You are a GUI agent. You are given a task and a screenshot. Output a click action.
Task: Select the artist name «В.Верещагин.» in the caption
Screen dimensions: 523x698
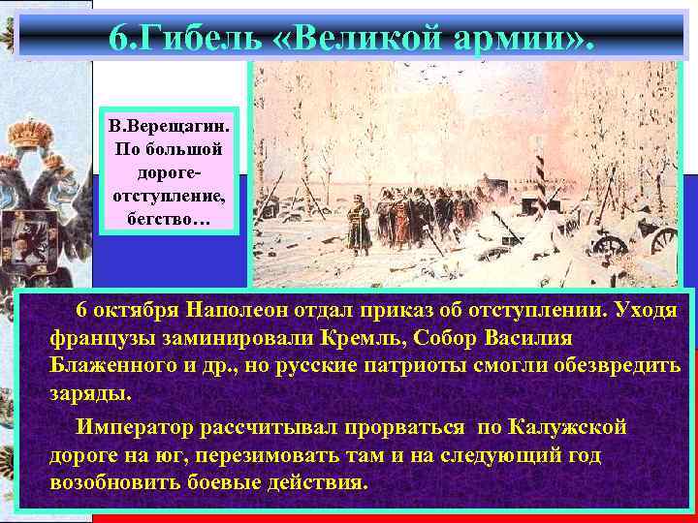pyautogui.click(x=169, y=129)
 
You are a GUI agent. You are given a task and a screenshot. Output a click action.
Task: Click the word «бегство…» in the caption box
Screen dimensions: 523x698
pyautogui.click(x=169, y=219)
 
